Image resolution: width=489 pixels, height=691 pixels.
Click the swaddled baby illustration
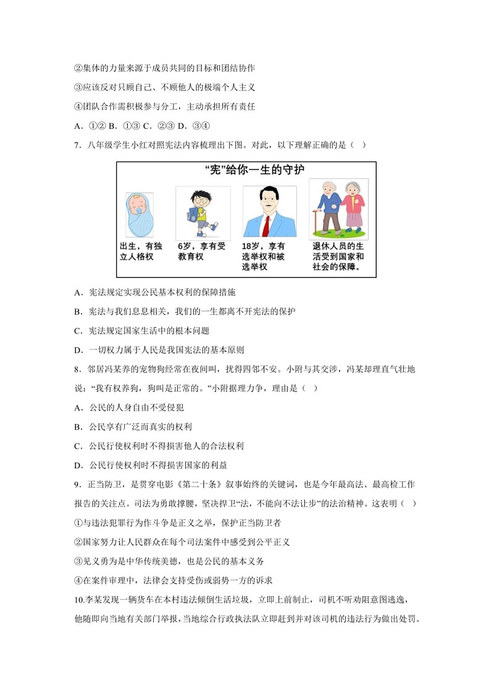coord(139,215)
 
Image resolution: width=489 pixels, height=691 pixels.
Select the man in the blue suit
coord(269,212)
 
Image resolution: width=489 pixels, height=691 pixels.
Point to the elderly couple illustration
coord(338,208)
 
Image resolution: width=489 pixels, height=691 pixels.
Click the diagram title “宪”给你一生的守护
coord(245,170)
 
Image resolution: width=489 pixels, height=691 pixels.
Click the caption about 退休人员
coord(338,256)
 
